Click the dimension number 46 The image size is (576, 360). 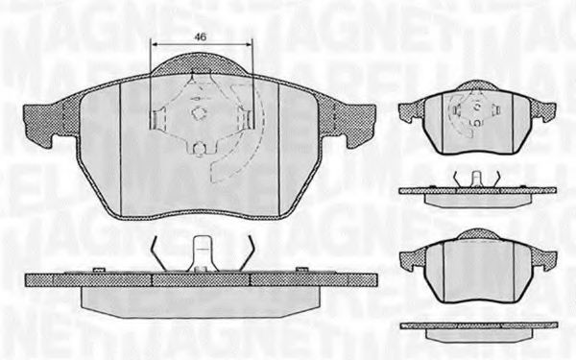(x=201, y=36)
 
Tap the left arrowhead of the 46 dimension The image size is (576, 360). (x=156, y=47)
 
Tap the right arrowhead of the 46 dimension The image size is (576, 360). (x=250, y=47)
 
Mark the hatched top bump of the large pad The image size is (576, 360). (x=202, y=67)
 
